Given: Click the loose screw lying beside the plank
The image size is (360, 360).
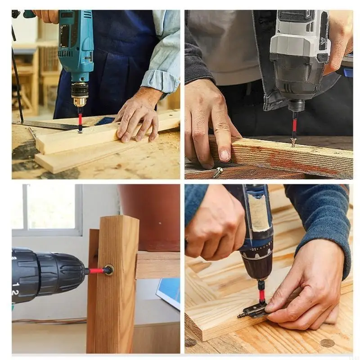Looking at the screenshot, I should pyautogui.click(x=218, y=171).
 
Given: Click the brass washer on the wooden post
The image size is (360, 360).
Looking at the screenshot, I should pyautogui.click(x=108, y=270).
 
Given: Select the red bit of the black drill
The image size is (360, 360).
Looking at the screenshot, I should pyautogui.click(x=96, y=271).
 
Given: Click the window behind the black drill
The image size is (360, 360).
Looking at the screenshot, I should pyautogui.click(x=47, y=209).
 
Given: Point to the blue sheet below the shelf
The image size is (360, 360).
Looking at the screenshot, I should pyautogui.click(x=169, y=292).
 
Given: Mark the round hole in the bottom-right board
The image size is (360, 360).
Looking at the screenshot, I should pyautogui.click(x=327, y=343).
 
